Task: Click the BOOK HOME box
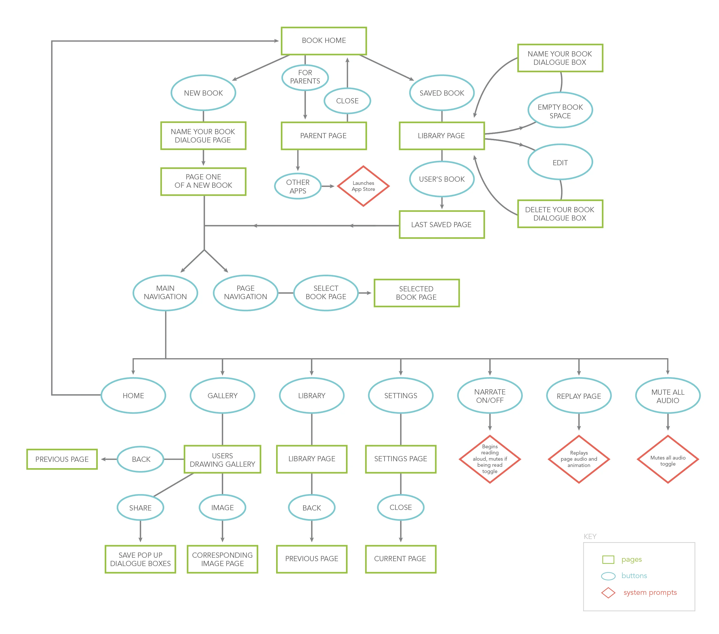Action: coord(324,41)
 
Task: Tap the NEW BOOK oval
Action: coord(203,93)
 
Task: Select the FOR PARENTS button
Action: coord(305,77)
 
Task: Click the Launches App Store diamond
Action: coord(363,186)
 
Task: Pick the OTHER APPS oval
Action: coord(298,186)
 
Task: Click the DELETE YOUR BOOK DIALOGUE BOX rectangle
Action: coord(560,214)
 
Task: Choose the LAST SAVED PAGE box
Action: coord(441,225)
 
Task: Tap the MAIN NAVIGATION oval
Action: coord(165,293)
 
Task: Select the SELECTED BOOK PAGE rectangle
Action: coord(416,293)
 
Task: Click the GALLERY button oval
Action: coord(222,396)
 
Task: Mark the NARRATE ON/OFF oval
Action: coord(490,396)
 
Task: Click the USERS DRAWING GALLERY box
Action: coord(222,460)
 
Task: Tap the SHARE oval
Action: coord(140,508)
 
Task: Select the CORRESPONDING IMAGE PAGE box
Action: coord(222,559)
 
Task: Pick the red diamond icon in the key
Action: coord(608,593)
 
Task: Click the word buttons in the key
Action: coord(634,576)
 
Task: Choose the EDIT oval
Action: coord(560,162)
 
